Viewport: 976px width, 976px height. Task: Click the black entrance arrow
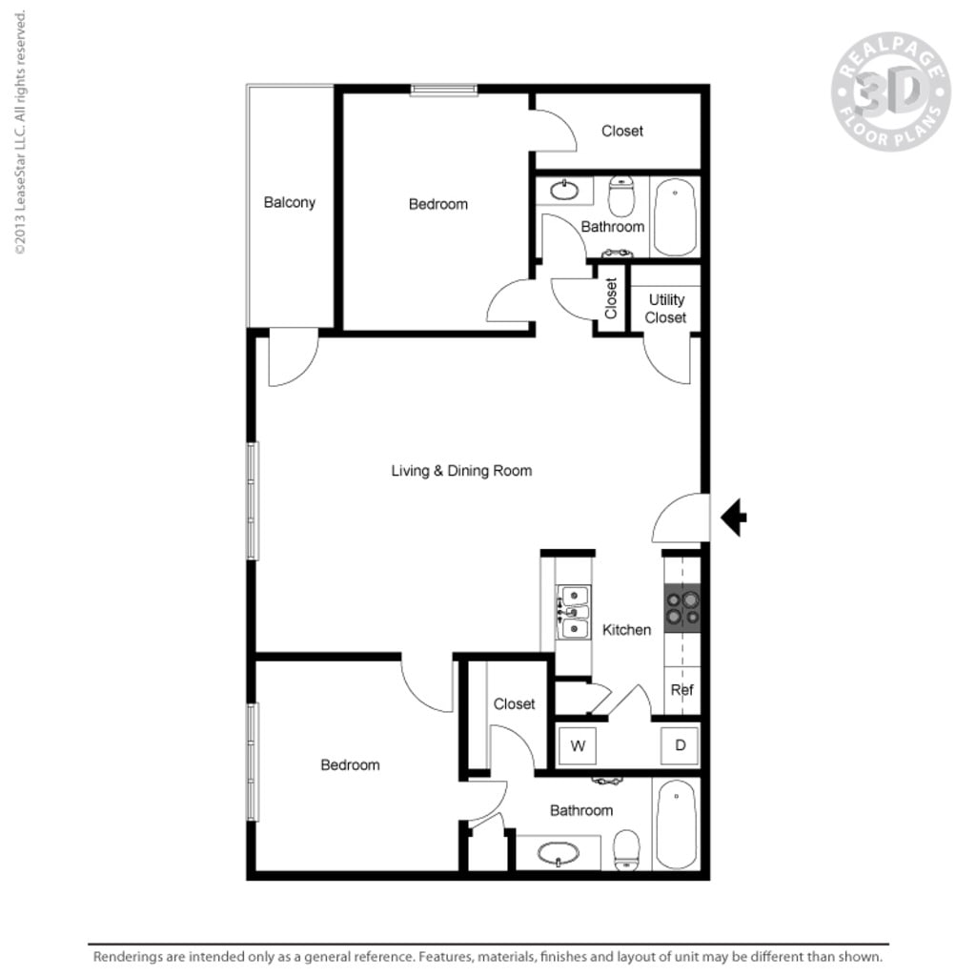(733, 518)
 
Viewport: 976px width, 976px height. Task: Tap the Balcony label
(290, 202)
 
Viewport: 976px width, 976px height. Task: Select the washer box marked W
(578, 745)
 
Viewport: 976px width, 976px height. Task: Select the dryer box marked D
(681, 745)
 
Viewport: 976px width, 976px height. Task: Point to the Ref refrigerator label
(681, 690)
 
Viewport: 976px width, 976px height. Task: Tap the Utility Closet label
(665, 308)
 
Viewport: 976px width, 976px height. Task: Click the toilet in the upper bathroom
(621, 196)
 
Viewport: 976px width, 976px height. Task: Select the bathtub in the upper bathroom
(676, 216)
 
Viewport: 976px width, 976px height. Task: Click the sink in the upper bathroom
(564, 191)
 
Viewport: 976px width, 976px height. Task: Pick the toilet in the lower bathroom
(627, 850)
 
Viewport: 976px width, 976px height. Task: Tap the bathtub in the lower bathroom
(677, 824)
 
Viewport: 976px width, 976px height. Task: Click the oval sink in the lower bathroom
(559, 853)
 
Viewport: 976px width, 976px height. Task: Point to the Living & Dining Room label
(461, 470)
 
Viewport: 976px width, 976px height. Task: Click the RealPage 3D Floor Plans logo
(890, 91)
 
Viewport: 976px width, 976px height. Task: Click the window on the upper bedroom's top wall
(444, 90)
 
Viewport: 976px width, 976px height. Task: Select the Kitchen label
(626, 629)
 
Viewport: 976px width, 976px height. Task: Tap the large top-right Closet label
(621, 131)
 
